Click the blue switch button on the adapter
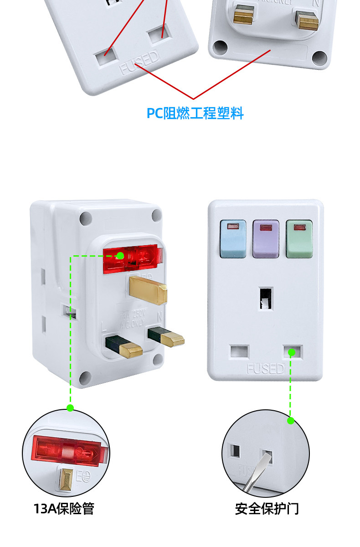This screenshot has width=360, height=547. (x=233, y=239)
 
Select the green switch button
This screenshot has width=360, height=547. (x=299, y=239)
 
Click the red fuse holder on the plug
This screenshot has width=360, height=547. (x=133, y=260)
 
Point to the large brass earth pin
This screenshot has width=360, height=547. (x=148, y=290)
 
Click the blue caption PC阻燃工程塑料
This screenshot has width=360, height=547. (x=195, y=113)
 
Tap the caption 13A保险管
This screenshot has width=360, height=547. (x=64, y=508)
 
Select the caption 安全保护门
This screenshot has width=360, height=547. (x=267, y=508)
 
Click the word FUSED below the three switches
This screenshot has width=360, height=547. (x=265, y=368)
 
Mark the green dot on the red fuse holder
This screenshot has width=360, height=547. (x=120, y=256)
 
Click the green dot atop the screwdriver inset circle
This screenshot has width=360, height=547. (x=291, y=421)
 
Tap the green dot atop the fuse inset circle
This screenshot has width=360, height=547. (x=70, y=408)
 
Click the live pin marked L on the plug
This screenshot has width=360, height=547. (x=124, y=346)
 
